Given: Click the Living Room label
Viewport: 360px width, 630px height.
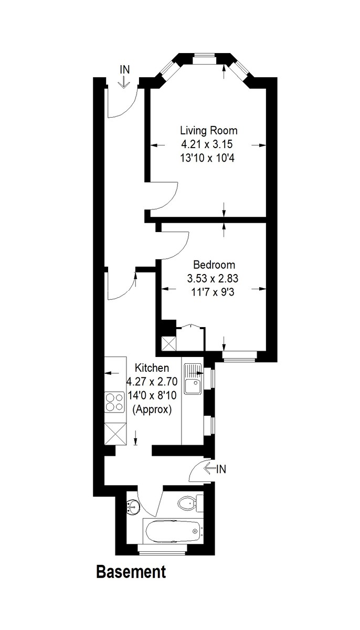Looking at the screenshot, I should tap(208, 131).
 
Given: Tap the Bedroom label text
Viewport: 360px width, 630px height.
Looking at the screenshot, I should tap(214, 265).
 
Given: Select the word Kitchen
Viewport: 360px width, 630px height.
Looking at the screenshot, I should tap(152, 367).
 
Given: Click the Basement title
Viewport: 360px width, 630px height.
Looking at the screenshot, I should tap(131, 572).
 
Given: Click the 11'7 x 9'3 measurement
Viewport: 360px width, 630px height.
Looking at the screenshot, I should tap(214, 292).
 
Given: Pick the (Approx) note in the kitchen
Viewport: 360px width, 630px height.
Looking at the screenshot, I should tap(152, 409).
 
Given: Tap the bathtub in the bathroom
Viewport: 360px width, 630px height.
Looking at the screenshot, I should tap(173, 531).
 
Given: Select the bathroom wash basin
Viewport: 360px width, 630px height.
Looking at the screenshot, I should tap(133, 508).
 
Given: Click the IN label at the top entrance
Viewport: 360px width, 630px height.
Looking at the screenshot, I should tap(124, 69).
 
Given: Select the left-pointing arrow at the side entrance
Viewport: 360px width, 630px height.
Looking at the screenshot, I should tap(209, 468).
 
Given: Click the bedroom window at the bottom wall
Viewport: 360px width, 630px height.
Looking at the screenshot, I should tap(240, 355).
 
